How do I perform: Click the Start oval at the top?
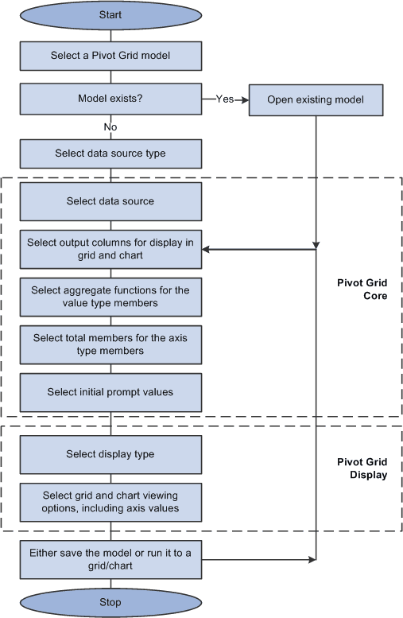click(x=110, y=15)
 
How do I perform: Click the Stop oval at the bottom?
click(x=110, y=601)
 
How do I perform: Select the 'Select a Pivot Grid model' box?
click(x=110, y=56)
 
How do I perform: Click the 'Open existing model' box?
click(x=316, y=100)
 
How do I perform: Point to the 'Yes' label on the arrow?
click(x=224, y=99)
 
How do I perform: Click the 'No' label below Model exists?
click(x=110, y=126)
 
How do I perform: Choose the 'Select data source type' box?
click(x=110, y=154)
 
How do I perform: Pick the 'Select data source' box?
click(x=110, y=201)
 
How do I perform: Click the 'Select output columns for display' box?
click(x=110, y=249)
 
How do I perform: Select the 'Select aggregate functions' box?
click(x=110, y=297)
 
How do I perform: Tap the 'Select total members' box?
click(x=110, y=344)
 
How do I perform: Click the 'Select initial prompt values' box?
click(x=110, y=392)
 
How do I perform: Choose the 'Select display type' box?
click(x=110, y=454)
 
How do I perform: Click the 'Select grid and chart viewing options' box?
click(x=110, y=502)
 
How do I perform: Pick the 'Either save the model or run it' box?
click(x=110, y=559)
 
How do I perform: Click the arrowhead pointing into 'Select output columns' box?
click(x=207, y=249)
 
